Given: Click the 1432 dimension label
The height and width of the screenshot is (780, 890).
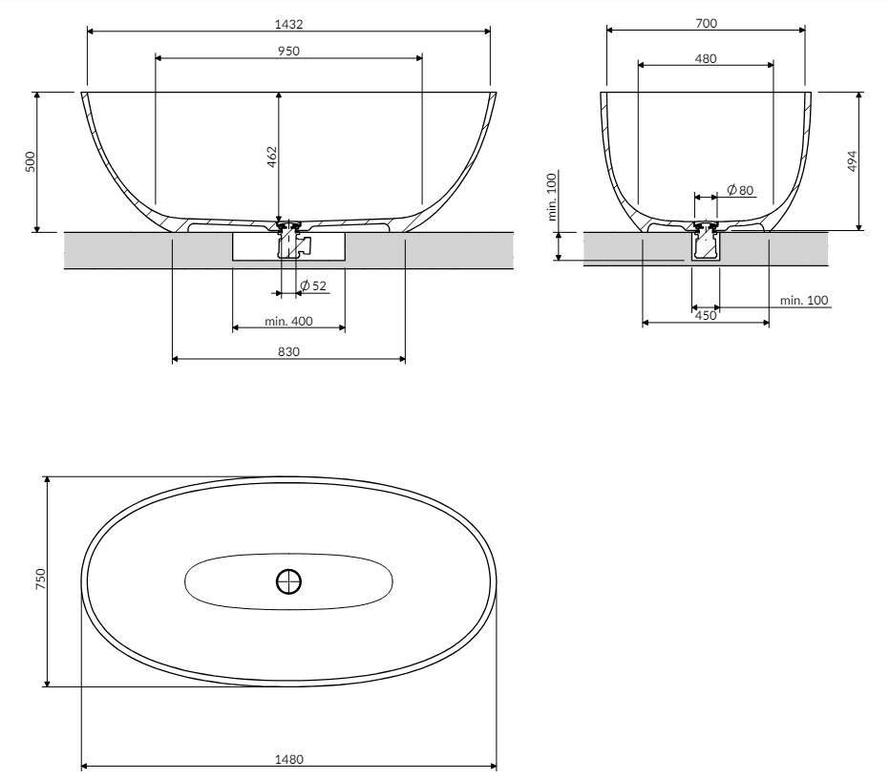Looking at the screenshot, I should point(288,22).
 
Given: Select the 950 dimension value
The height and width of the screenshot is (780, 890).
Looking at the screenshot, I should point(288,51).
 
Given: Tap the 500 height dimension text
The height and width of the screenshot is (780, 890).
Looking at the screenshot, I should point(31,161).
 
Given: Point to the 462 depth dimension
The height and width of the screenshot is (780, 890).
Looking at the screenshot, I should point(271,158).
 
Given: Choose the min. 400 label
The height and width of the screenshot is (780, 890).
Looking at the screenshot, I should point(288,321).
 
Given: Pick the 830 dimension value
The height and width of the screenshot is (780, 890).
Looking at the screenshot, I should point(288,351).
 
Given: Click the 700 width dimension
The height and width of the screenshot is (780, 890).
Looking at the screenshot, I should point(706,21).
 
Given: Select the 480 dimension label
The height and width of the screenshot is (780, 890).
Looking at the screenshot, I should point(706,58).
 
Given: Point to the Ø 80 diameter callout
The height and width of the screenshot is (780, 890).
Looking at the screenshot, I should point(740,190).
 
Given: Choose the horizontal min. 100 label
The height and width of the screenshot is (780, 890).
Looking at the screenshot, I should point(804,301).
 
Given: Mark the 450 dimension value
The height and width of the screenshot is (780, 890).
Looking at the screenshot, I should point(706,315).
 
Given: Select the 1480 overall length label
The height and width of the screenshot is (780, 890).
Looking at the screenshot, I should point(288,759).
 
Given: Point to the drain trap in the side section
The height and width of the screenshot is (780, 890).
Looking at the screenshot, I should point(706,245).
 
